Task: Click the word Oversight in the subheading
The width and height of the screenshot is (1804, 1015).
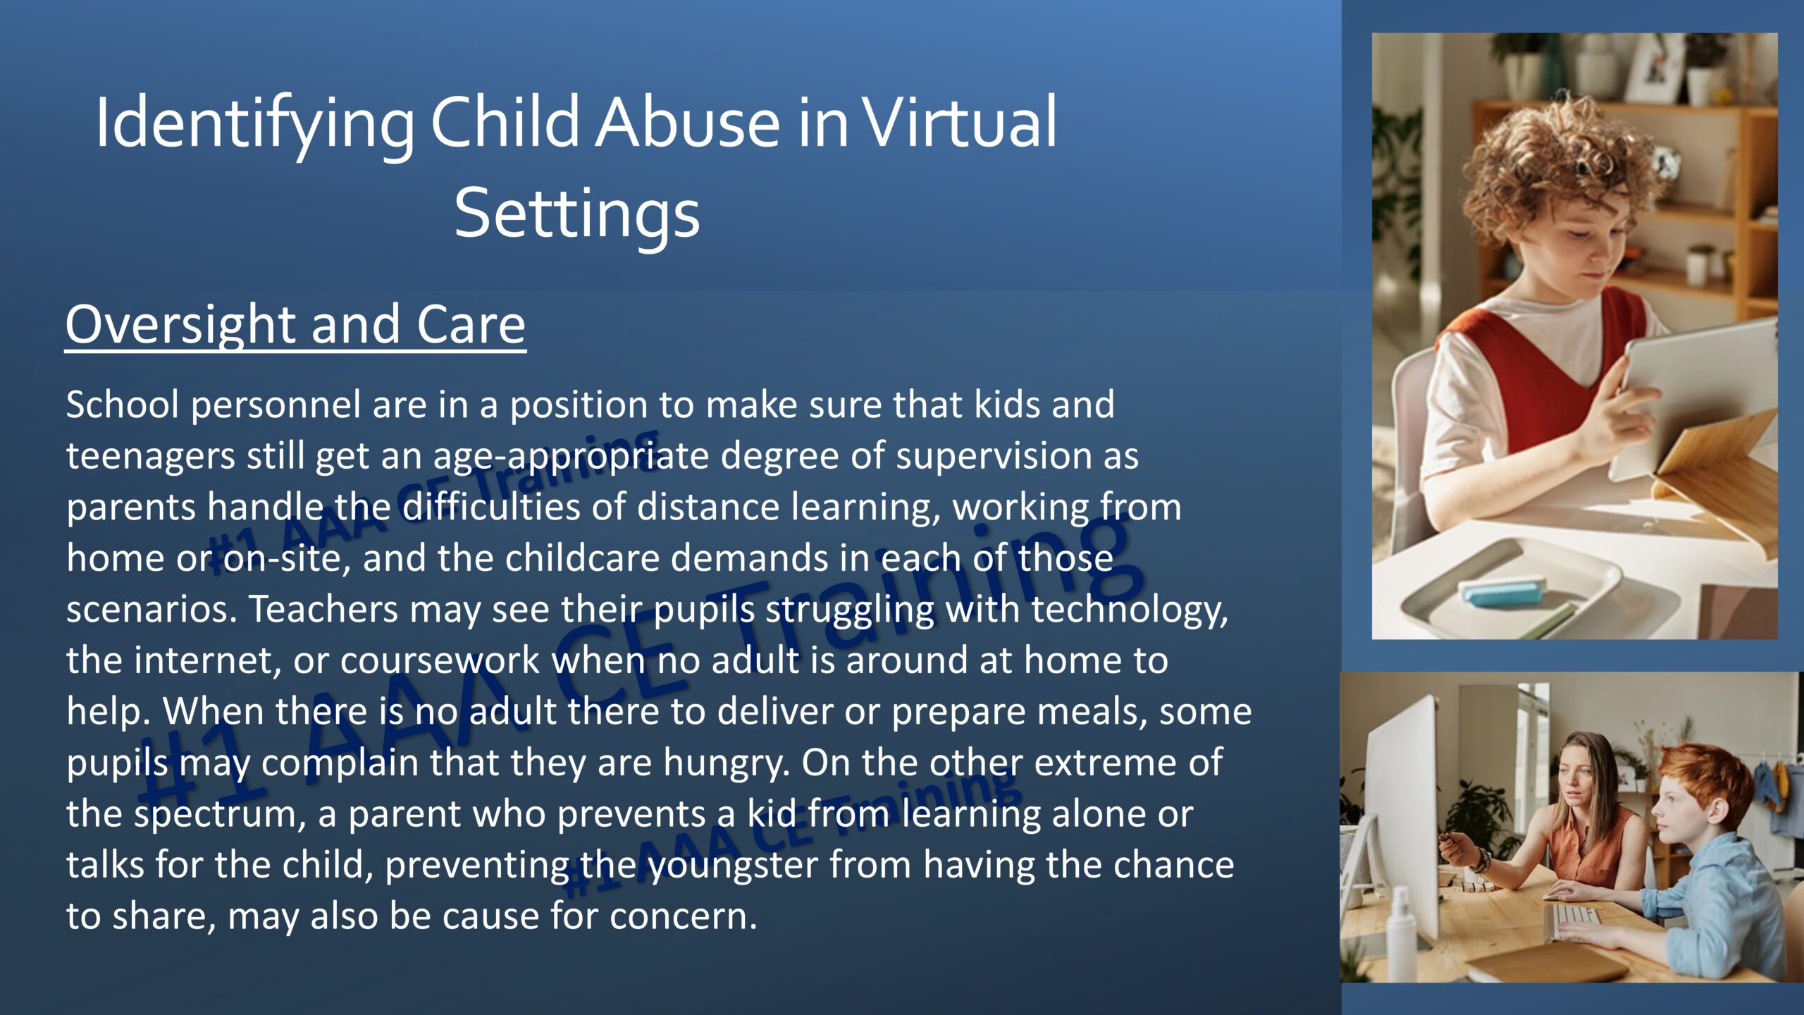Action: [182, 326]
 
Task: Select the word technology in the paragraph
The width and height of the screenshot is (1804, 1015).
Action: [1130, 610]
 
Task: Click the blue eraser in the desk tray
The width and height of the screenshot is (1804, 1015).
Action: [1505, 591]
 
